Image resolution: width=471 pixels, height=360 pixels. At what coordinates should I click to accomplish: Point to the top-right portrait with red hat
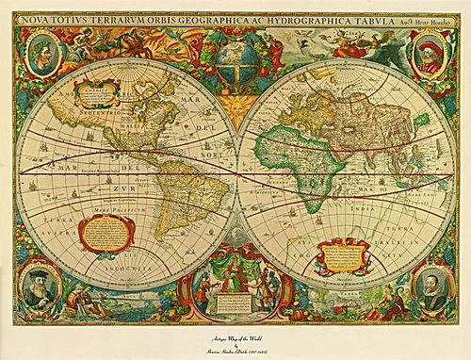pos(429,54)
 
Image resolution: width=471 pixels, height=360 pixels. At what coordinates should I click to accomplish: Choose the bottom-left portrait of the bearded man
pos(41,286)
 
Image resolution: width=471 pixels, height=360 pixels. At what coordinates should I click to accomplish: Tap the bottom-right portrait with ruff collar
pos(429,286)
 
